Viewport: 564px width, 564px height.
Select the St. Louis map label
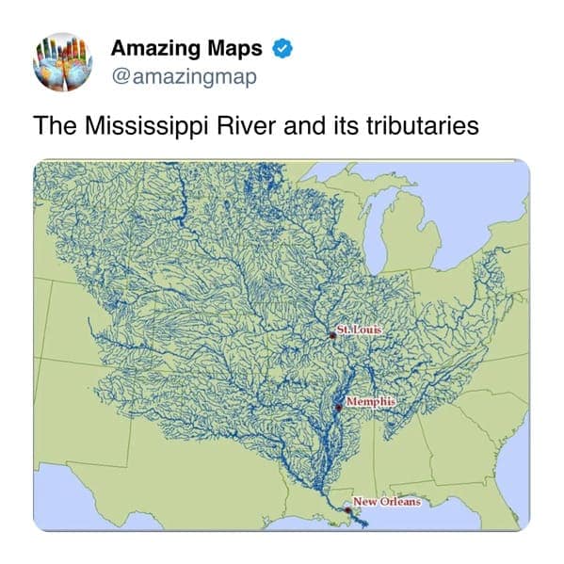point(359,329)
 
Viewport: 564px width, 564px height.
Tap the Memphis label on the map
point(369,402)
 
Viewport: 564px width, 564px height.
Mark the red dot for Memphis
point(338,409)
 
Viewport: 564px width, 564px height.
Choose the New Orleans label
point(386,501)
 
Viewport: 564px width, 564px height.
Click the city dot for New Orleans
point(349,507)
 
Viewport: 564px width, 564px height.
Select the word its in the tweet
point(346,125)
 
